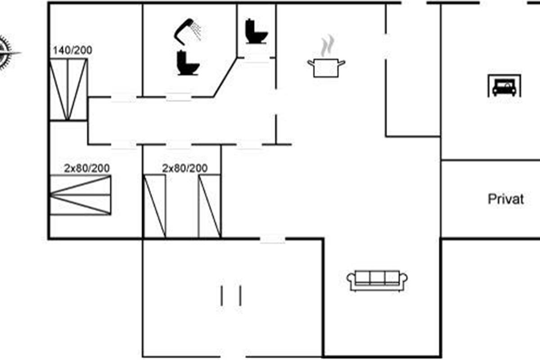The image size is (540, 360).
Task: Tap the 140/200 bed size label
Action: [x=72, y=50]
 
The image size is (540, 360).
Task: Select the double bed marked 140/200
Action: [x=67, y=89]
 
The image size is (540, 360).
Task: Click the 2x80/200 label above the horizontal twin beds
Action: [x=87, y=168]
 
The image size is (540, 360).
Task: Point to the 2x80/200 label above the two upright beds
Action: [x=185, y=168]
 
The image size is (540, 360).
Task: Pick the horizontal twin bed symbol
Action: [x=80, y=195]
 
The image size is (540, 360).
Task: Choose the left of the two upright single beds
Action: [x=154, y=206]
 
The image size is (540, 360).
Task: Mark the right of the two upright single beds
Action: [x=210, y=206]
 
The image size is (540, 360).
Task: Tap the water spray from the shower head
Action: [x=196, y=31]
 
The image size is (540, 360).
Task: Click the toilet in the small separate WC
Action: [x=256, y=31]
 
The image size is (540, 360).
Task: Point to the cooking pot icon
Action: [x=326, y=67]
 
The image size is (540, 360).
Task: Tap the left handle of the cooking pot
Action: [x=310, y=62]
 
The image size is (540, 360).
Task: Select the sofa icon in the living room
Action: [x=377, y=280]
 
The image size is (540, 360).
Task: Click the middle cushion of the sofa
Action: [x=377, y=278]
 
